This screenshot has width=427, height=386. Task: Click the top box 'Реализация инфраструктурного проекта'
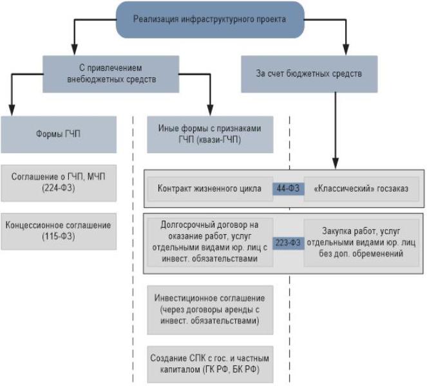coord(209,19)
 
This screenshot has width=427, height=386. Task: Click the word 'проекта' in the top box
coord(272,19)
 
